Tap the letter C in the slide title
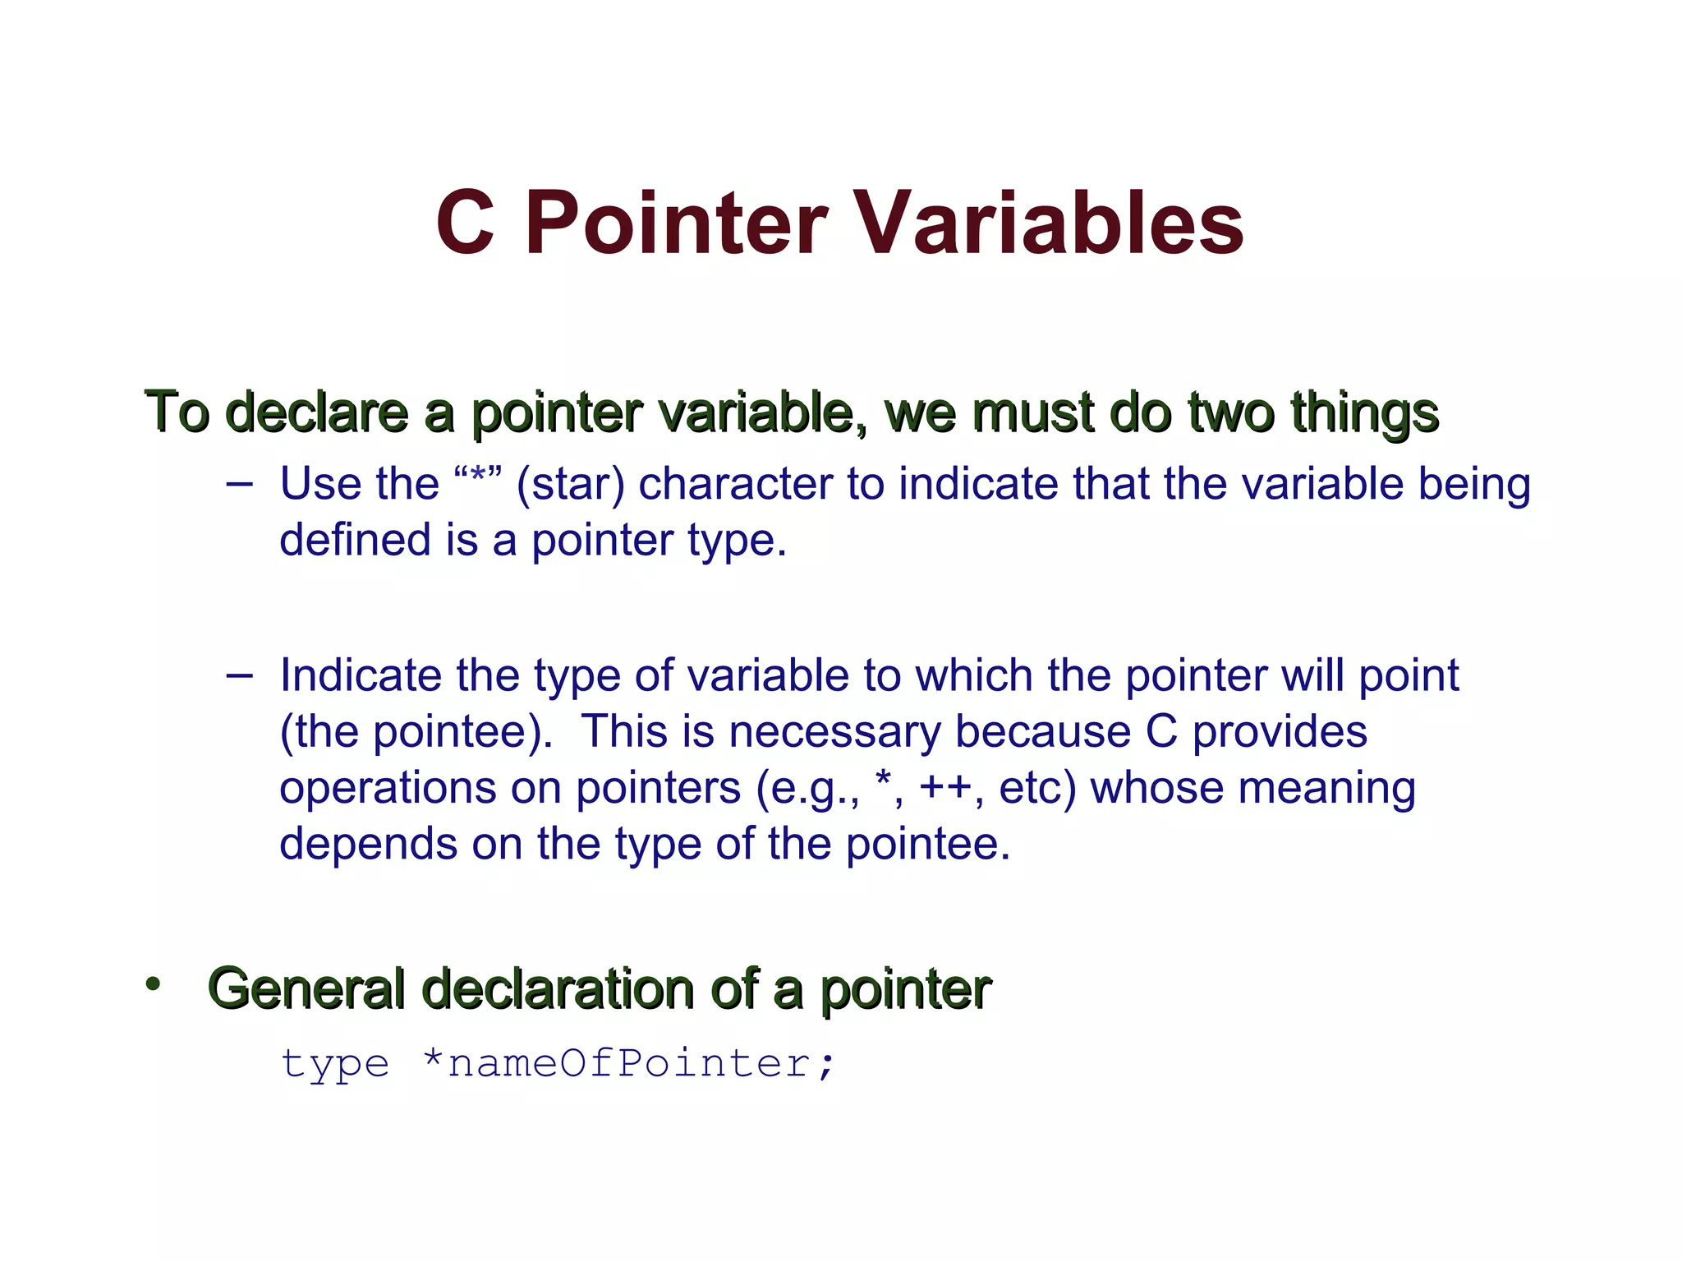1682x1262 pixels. click(x=465, y=223)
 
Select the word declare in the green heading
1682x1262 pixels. click(x=316, y=412)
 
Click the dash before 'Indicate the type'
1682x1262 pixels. click(x=239, y=675)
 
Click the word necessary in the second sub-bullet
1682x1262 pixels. click(x=834, y=732)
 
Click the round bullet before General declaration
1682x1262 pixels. click(x=153, y=984)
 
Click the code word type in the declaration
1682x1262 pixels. click(x=335, y=1064)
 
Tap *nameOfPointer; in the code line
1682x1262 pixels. click(x=628, y=1064)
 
